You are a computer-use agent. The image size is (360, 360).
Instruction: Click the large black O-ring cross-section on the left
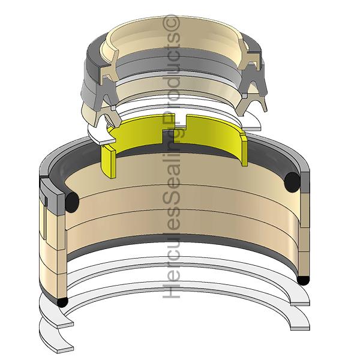coord(72,203)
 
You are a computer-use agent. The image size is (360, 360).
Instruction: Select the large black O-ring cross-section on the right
coord(292,182)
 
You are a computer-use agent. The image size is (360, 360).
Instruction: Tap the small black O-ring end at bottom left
coord(62,302)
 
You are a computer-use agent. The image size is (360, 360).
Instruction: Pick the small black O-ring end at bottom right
coord(303,281)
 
